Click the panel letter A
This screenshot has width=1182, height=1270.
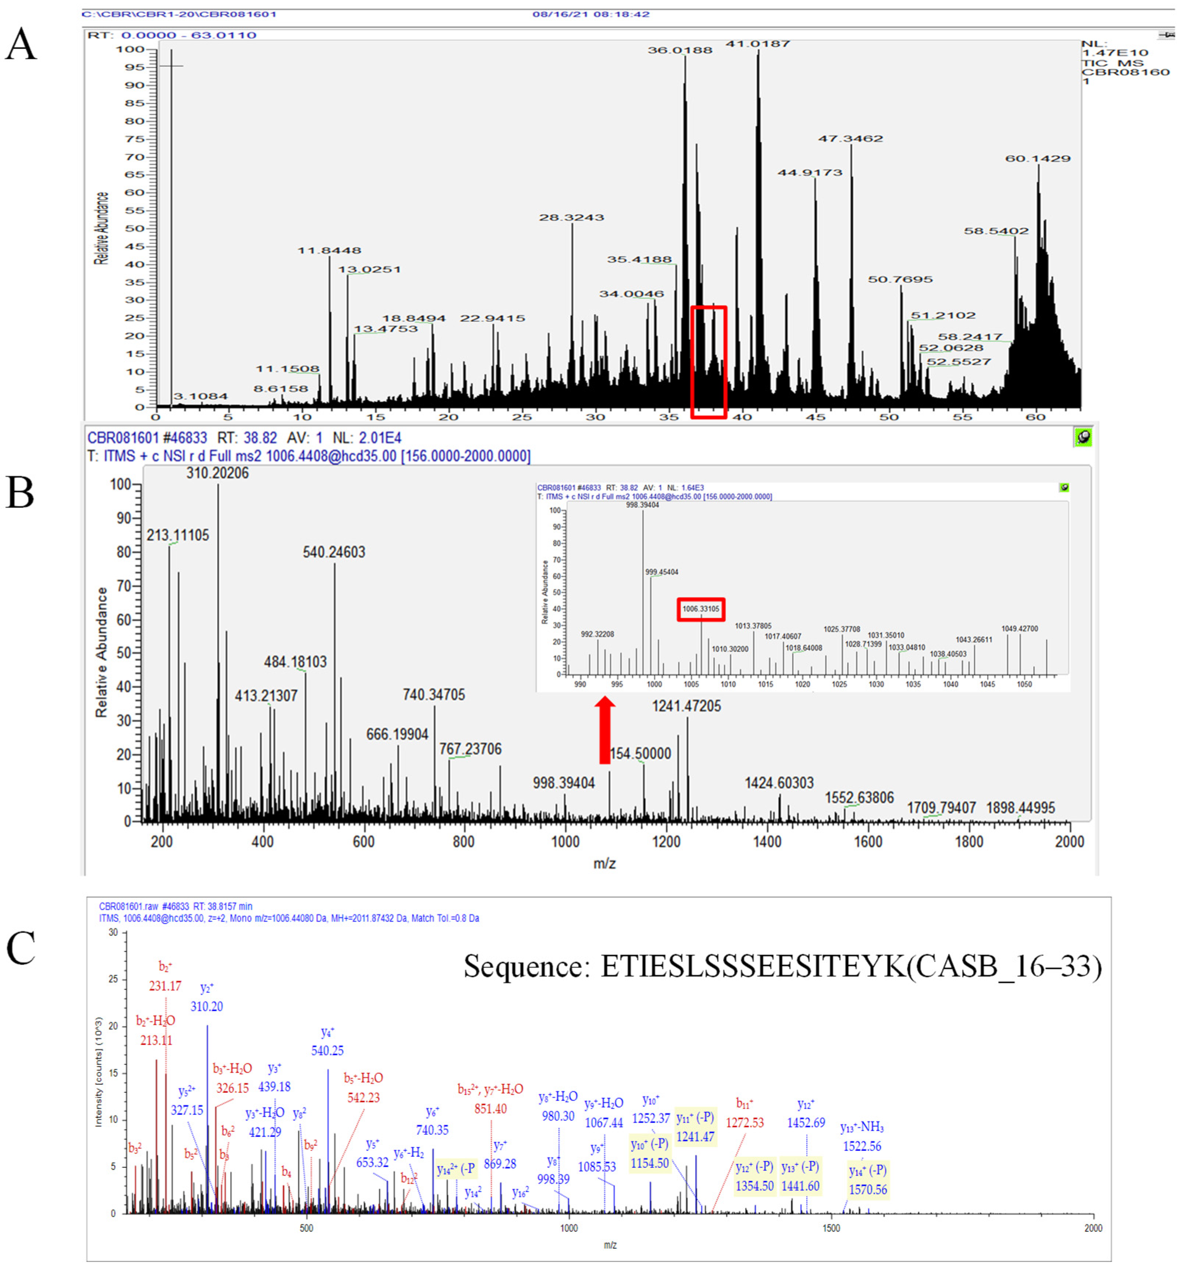pos(21,45)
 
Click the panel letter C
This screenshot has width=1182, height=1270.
pos(21,949)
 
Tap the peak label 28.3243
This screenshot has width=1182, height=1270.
pos(571,218)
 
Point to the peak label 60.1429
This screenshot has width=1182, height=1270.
pos(1038,158)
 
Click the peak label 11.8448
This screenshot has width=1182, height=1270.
pos(329,250)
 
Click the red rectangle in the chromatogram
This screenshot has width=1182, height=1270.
pos(708,362)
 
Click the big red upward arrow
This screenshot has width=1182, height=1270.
pos(604,730)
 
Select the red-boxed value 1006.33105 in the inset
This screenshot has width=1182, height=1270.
pos(700,609)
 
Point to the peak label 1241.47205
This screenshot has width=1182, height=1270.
pos(686,706)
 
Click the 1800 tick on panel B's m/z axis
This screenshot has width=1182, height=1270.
pos(969,841)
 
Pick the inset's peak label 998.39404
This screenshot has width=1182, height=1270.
pos(643,505)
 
